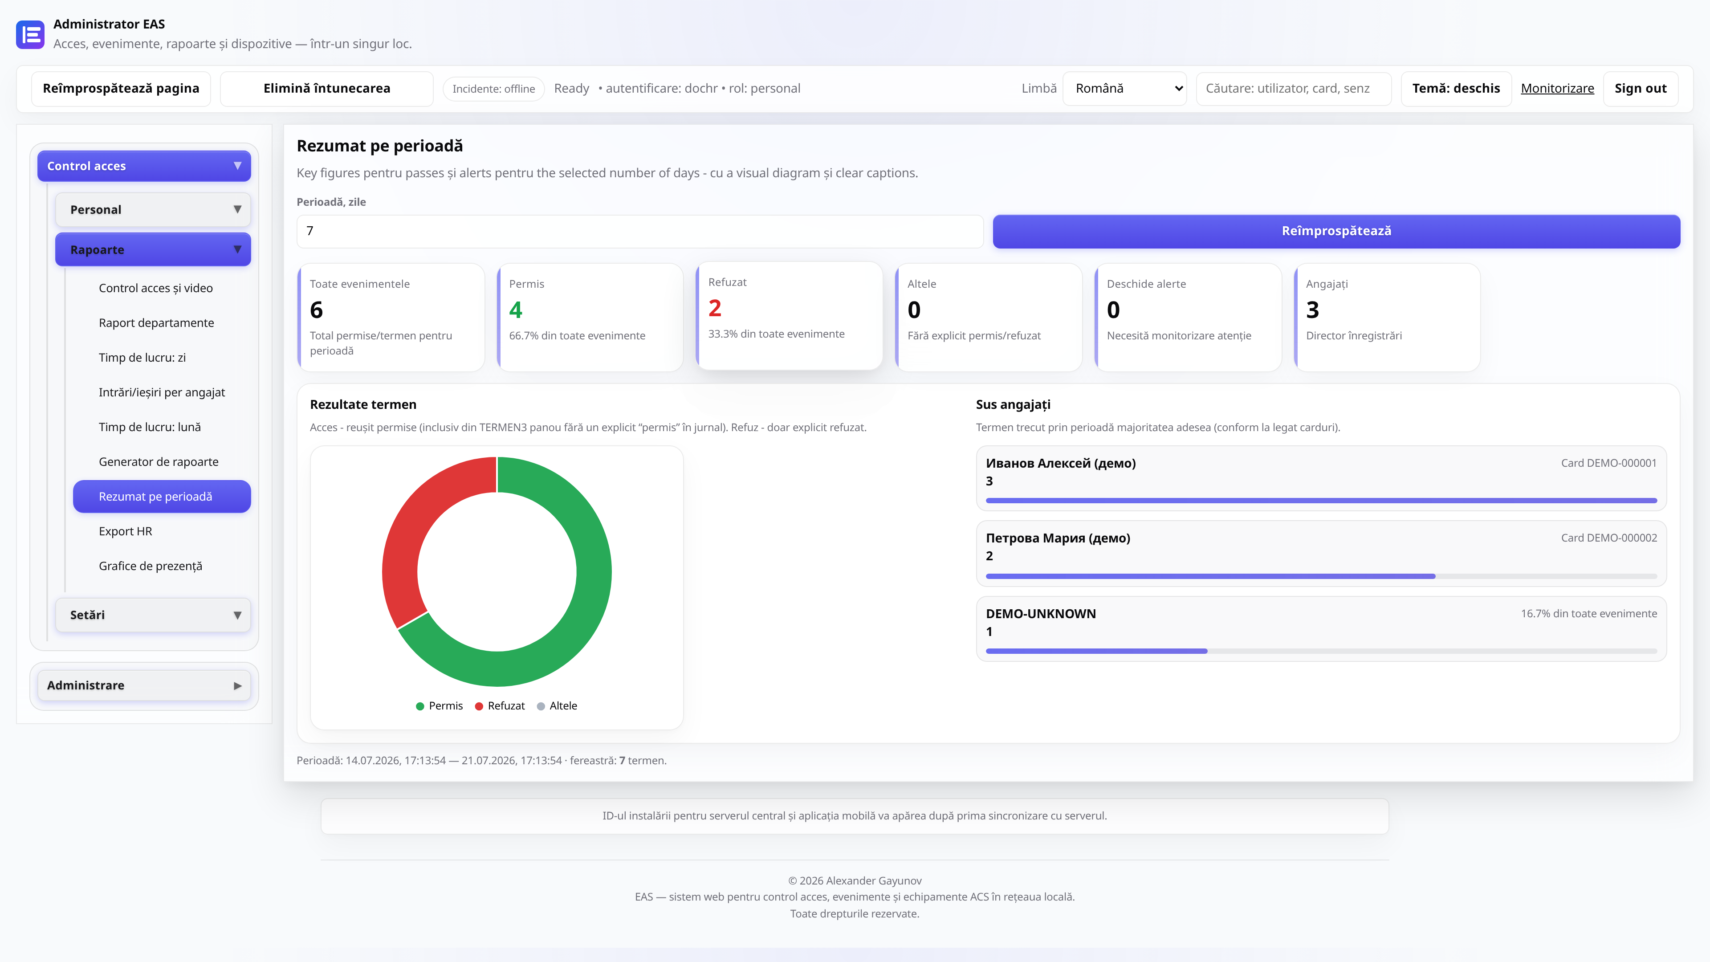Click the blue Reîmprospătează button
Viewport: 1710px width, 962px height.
point(1336,231)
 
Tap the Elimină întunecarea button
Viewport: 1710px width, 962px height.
point(326,88)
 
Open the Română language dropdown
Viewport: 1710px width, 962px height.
point(1124,88)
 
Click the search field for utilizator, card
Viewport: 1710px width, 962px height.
point(1293,88)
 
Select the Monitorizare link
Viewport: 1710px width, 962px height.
point(1557,88)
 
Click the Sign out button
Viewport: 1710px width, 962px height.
point(1640,88)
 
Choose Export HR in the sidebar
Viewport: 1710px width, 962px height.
point(126,531)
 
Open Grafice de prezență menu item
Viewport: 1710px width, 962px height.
point(151,566)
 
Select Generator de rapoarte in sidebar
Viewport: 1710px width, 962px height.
point(159,461)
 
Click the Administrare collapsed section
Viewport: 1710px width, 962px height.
point(144,685)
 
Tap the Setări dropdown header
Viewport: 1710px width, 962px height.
point(153,615)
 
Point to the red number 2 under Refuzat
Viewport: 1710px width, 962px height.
point(714,308)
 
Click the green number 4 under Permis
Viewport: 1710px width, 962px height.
point(516,310)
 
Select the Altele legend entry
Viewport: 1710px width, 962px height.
point(557,706)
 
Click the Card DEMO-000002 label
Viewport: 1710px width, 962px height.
point(1608,538)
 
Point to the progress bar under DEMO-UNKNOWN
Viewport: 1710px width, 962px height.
point(1321,651)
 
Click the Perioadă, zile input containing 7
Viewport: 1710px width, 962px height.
point(640,231)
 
